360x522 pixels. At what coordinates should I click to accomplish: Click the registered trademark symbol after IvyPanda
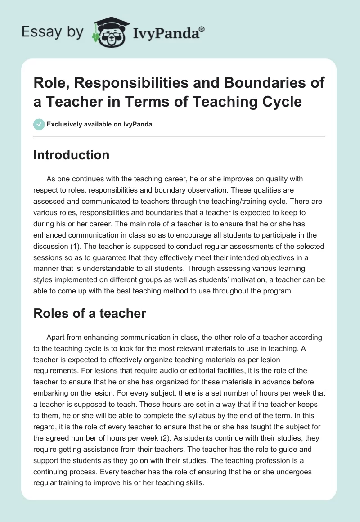[x=202, y=29]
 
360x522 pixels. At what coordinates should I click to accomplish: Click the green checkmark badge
[x=39, y=124]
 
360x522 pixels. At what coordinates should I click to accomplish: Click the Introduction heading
[x=72, y=155]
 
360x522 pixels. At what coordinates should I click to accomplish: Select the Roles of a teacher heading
[x=90, y=313]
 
